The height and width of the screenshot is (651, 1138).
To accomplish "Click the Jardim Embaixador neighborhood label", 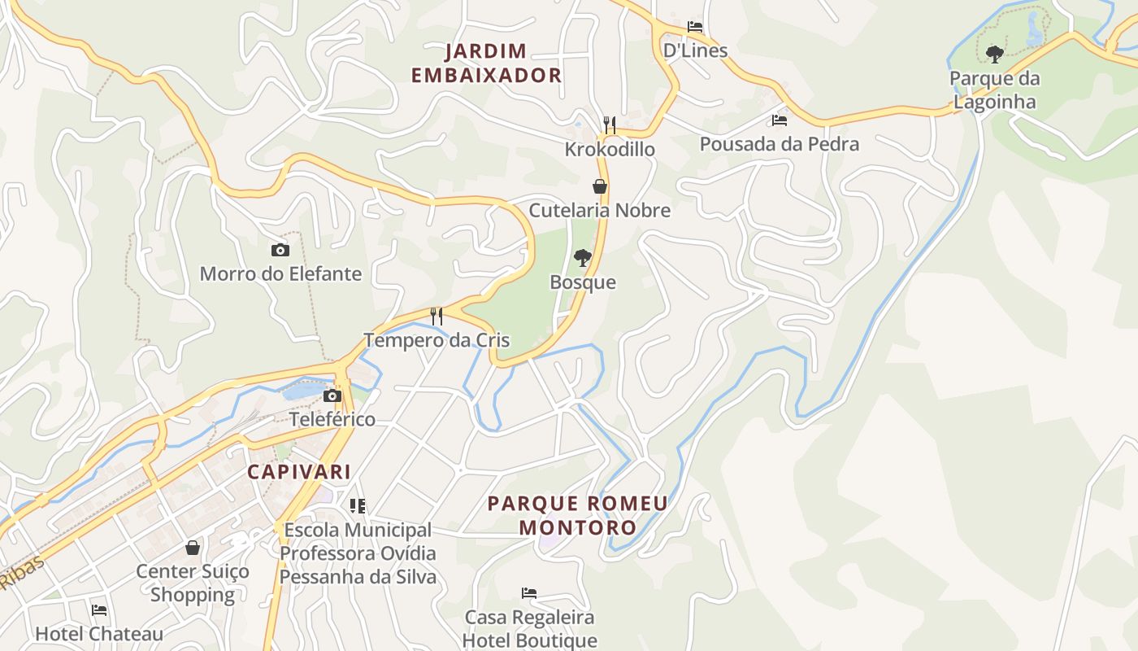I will tap(486, 63).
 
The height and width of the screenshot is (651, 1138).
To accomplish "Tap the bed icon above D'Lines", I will tap(694, 26).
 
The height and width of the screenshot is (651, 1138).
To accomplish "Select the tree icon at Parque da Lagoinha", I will tap(994, 55).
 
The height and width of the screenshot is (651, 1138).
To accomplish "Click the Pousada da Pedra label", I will tap(780, 144).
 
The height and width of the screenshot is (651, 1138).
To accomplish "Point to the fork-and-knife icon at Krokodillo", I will tap(610, 125).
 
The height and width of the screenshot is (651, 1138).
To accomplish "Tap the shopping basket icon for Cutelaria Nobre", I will tap(600, 186).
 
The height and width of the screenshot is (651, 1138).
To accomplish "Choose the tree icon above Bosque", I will tap(582, 258).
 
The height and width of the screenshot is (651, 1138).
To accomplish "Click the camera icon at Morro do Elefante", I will tap(280, 250).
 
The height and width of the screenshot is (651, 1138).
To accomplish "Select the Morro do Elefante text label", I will tap(280, 273).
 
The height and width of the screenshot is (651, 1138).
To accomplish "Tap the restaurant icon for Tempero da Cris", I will tap(437, 316).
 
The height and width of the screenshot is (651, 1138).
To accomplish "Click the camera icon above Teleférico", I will tap(332, 396).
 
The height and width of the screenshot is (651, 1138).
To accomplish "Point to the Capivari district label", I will tap(299, 472).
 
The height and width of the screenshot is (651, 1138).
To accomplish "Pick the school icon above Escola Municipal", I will tap(358, 506).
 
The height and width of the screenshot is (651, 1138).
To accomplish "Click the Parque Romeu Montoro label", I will tap(577, 515).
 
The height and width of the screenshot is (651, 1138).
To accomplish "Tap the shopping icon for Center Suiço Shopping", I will tap(193, 548).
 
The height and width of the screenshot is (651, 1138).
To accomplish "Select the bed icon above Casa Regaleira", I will tap(529, 592).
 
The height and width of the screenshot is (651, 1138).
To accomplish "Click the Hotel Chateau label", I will tap(99, 633).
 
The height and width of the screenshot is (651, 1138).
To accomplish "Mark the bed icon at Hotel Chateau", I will tap(99, 609).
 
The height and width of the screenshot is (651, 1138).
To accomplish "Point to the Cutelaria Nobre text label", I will tap(600, 210).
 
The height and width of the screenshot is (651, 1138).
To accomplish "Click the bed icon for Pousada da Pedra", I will tap(780, 120).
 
